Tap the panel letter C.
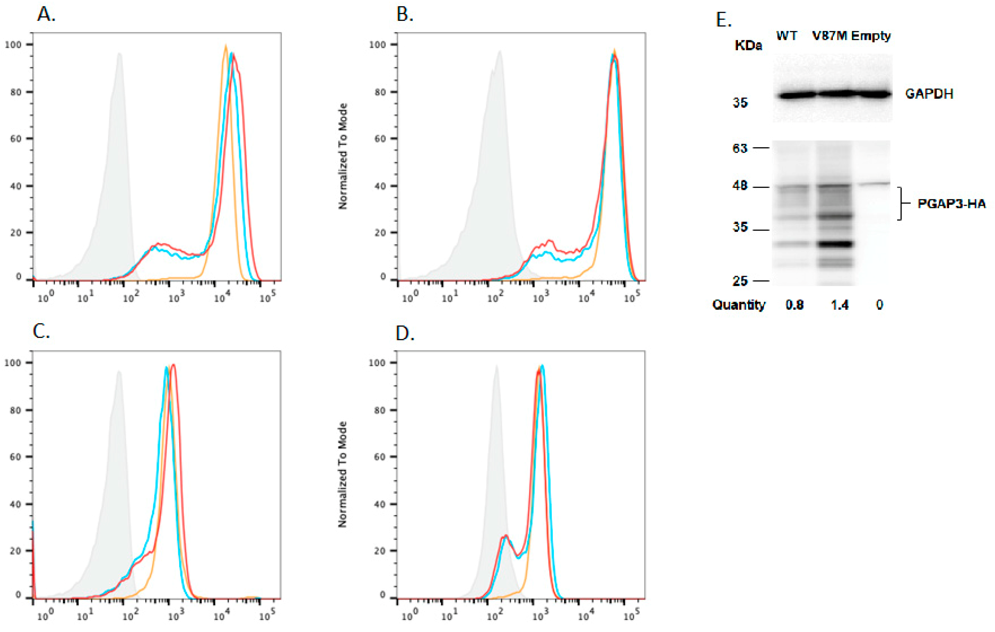(41, 331)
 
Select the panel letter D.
(405, 333)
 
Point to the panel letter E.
(723, 20)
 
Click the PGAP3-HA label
(951, 204)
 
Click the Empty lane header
(870, 37)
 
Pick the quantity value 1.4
(839, 305)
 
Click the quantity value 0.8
(794, 305)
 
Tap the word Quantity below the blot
(739, 305)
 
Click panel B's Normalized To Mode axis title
(343, 156)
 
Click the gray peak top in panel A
(119, 53)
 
